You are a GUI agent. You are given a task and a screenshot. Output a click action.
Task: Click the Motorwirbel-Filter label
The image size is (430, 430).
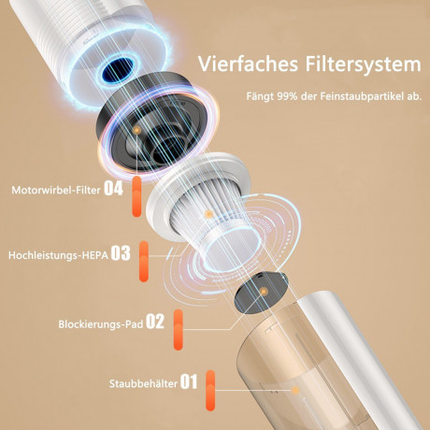(x=55, y=189)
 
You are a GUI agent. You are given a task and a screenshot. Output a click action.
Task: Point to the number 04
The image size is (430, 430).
(x=113, y=188)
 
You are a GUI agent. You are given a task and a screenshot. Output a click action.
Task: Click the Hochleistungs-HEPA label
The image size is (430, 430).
(x=58, y=252)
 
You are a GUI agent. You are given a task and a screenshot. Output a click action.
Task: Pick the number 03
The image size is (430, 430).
(x=120, y=252)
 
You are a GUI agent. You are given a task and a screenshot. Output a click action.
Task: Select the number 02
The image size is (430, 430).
(x=154, y=322)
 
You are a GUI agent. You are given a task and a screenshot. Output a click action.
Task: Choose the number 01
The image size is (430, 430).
(x=189, y=381)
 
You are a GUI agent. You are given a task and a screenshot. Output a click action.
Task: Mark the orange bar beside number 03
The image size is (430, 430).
(x=144, y=260)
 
